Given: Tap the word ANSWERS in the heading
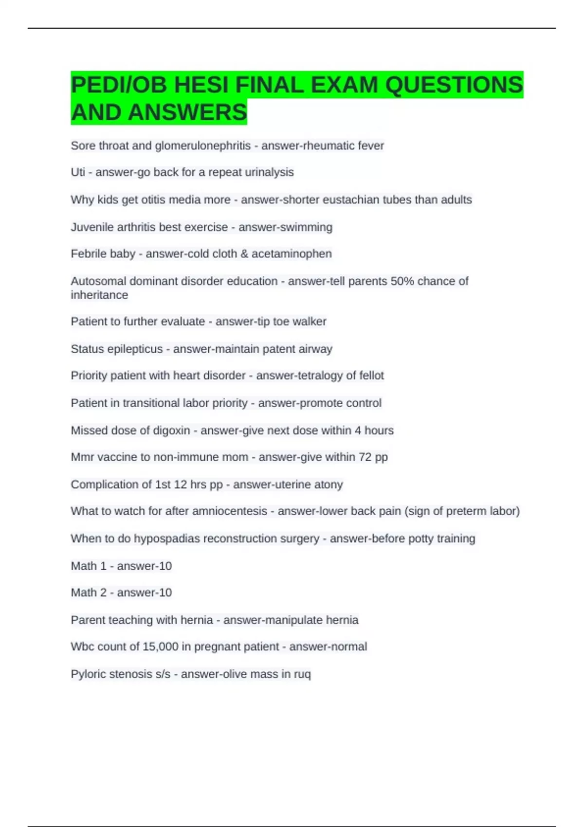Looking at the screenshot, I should pyautogui.click(x=187, y=112).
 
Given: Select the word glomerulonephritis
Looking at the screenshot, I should pyautogui.click(x=203, y=145).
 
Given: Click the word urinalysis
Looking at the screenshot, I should pyautogui.click(x=269, y=172).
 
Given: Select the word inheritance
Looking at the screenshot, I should pyautogui.click(x=99, y=295).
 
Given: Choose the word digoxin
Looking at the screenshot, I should pyautogui.click(x=171, y=431).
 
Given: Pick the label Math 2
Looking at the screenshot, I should pyautogui.click(x=89, y=593).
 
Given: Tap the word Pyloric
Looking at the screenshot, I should pyautogui.click(x=88, y=674).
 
